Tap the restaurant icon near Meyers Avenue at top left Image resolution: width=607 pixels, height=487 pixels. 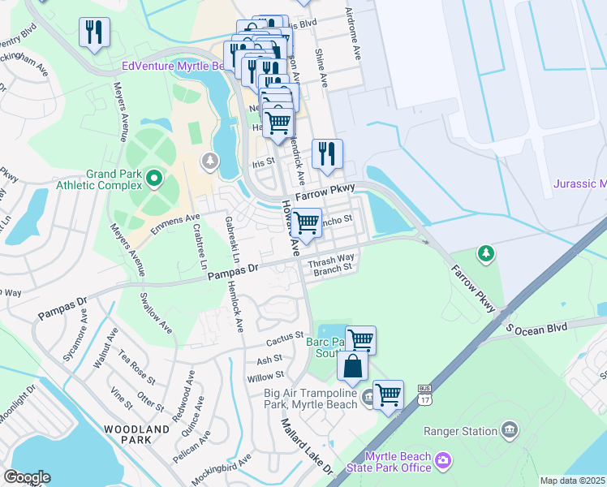click(x=94, y=32)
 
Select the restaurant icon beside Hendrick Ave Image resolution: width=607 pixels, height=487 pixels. click(x=327, y=153)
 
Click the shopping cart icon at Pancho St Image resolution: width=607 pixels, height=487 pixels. click(x=306, y=221)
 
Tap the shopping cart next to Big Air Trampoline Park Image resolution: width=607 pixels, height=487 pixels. click(x=389, y=394)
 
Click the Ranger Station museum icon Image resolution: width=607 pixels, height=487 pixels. click(x=510, y=429)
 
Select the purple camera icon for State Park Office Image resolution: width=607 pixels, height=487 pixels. click(x=443, y=461)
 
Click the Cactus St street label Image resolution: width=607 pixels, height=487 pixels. click(x=286, y=334)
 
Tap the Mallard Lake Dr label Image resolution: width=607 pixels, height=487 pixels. click(x=307, y=446)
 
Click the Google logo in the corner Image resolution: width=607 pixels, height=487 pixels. click(x=27, y=477)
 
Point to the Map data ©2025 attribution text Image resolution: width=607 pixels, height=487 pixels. click(x=572, y=481)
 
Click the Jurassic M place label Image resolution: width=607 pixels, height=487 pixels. click(x=579, y=184)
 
